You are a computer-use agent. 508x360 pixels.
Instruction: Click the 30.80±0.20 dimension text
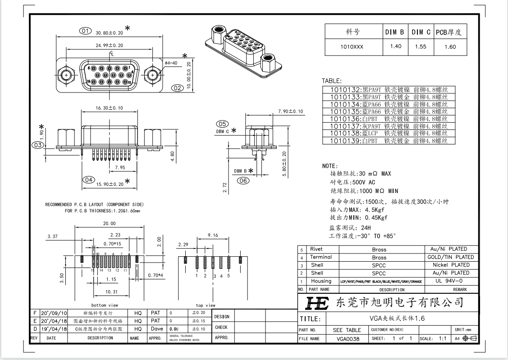coord(110,33)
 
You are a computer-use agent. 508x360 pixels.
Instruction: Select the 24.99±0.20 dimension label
coord(110,45)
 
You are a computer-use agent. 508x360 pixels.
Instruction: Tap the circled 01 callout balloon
coord(85,31)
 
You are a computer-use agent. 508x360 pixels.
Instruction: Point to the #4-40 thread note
coord(171,63)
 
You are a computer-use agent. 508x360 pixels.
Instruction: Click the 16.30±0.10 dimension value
coord(110,108)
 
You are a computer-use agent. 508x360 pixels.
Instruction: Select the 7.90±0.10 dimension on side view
coord(290,111)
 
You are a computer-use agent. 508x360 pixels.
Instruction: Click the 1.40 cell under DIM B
coord(395,46)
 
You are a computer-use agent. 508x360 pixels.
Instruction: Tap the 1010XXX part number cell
coord(352,46)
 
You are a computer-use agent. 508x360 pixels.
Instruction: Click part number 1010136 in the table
coord(346,119)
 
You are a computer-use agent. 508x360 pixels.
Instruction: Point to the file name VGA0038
coord(348,338)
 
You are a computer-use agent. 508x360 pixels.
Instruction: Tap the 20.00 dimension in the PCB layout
coord(110,224)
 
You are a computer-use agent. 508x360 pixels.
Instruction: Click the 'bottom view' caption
coord(105,305)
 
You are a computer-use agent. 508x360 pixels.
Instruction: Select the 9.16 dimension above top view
coord(213,235)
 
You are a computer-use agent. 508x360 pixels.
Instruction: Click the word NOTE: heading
coord(330,166)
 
